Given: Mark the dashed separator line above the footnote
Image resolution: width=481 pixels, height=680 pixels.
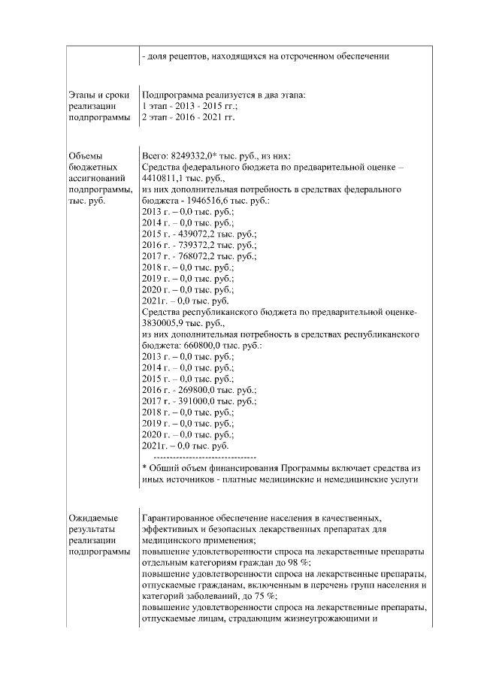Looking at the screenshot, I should [x=204, y=457].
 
